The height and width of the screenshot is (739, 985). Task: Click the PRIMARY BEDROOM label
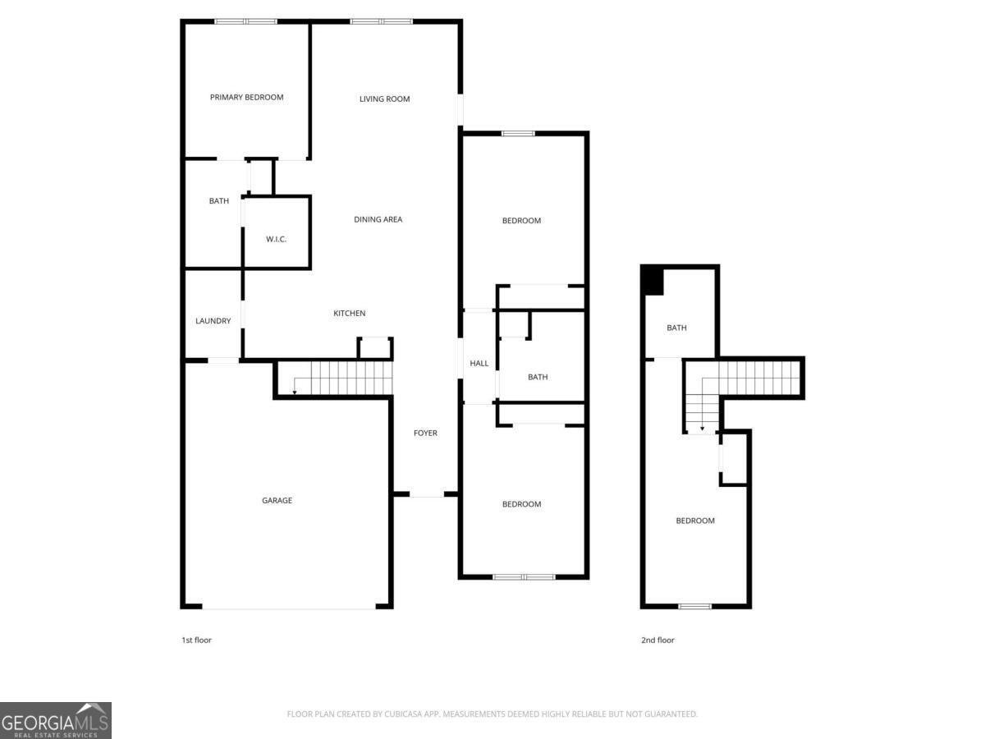(246, 97)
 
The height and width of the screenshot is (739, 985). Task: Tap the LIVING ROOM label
(384, 99)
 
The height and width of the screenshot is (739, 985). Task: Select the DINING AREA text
(378, 219)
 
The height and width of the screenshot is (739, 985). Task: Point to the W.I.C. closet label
(276, 239)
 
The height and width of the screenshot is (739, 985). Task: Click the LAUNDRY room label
(213, 321)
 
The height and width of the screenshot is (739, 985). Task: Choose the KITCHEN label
(349, 314)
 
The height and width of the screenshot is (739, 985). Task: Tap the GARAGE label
(277, 500)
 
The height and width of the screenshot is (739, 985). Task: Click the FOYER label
(425, 433)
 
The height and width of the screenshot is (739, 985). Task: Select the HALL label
(479, 364)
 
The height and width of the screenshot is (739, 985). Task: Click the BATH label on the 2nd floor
(676, 328)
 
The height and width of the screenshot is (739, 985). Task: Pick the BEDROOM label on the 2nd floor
(694, 521)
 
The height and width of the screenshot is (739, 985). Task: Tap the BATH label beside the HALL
(538, 378)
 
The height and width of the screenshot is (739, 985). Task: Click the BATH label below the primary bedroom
(218, 201)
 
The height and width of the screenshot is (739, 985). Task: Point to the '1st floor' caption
(196, 640)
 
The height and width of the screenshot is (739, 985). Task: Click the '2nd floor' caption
(657, 640)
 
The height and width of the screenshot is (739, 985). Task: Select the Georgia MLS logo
(55, 720)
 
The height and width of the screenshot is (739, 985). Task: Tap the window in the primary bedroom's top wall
(245, 21)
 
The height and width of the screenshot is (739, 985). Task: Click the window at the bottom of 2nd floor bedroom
(694, 606)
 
